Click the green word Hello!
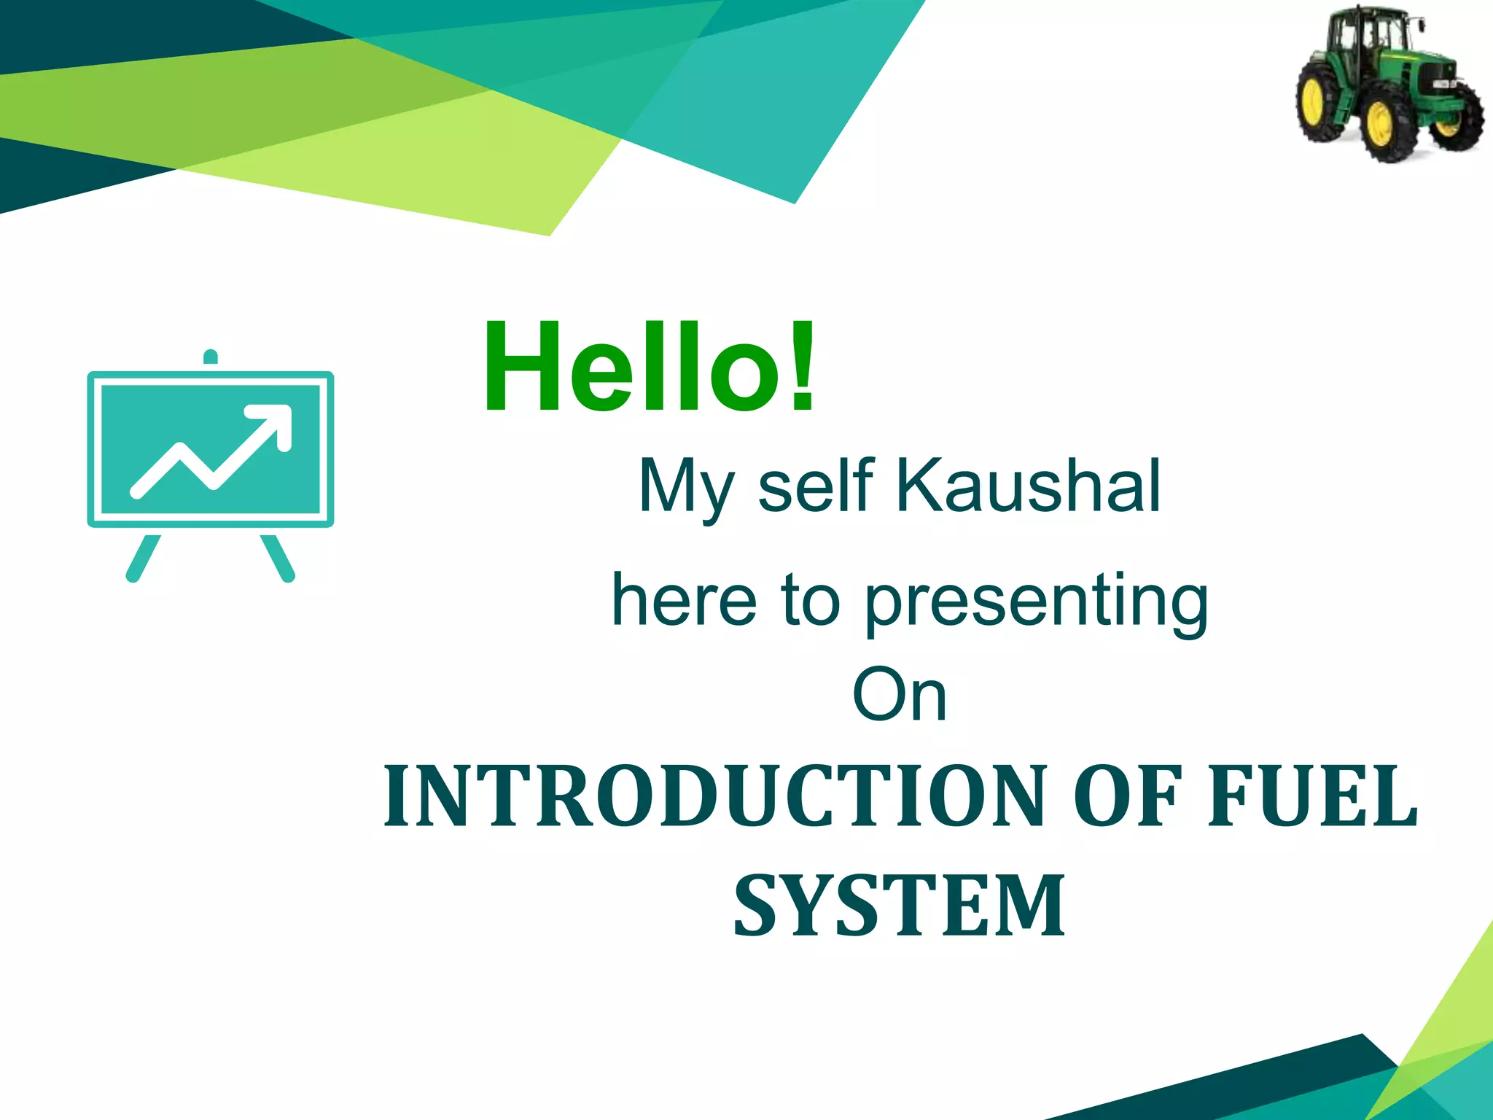[649, 368]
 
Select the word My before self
[685, 487]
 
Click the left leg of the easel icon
[143, 558]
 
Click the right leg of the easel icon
[278, 558]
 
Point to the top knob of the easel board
[211, 357]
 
